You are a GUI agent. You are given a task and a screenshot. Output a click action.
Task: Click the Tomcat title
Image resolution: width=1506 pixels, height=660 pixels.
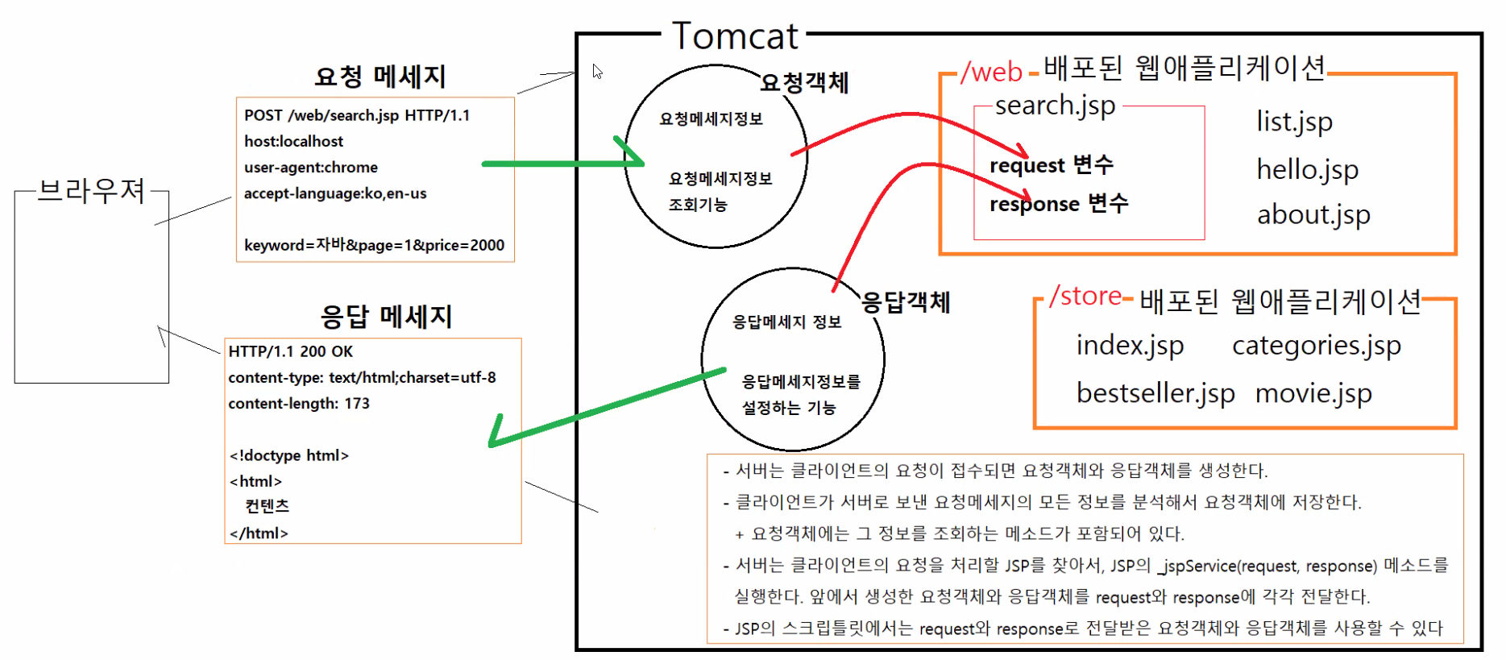coord(735,36)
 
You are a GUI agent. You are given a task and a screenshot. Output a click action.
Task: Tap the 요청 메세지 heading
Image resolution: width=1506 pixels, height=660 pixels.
coord(380,77)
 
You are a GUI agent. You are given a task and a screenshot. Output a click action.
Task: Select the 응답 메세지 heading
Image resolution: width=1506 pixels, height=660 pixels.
coord(386,317)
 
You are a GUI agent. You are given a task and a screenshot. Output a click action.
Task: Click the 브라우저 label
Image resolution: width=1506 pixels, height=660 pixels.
coord(91,191)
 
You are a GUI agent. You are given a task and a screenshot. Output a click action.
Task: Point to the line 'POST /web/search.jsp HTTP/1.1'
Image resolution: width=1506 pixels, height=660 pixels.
coord(357,115)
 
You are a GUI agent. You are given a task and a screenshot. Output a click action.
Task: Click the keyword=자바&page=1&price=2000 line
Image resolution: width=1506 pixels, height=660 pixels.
coord(374,245)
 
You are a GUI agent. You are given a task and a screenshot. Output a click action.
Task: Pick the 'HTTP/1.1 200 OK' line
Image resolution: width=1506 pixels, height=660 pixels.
coord(290,351)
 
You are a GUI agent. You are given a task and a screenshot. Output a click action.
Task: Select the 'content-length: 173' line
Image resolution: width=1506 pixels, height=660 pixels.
coord(298,404)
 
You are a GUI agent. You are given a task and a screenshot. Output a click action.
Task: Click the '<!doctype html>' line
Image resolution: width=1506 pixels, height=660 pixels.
coord(288,455)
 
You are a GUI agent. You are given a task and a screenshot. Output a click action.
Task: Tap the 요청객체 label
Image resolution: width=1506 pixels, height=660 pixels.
coord(804,82)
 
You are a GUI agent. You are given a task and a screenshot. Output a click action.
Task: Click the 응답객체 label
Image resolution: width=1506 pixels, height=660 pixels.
coord(906,302)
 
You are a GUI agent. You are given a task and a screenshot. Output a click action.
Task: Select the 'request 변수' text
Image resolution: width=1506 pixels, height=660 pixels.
coord(1051,165)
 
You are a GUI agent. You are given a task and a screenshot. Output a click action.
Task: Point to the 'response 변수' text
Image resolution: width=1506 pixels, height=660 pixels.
coord(1058,204)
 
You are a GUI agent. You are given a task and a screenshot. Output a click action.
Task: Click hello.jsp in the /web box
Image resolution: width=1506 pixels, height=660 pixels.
coord(1307,170)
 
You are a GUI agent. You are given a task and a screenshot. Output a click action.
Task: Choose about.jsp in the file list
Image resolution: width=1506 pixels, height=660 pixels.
coord(1313,215)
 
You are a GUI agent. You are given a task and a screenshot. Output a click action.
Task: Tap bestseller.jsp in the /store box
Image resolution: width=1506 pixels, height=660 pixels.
coord(1155,393)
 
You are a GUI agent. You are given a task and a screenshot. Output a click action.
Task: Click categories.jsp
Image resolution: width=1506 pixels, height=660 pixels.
coord(1316,346)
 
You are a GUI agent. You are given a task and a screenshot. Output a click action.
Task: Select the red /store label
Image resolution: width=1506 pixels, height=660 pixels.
coord(1085,297)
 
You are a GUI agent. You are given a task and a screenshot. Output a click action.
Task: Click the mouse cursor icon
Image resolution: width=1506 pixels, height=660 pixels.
coord(597,72)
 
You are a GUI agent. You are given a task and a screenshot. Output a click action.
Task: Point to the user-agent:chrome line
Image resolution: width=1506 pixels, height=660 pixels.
coord(310,168)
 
